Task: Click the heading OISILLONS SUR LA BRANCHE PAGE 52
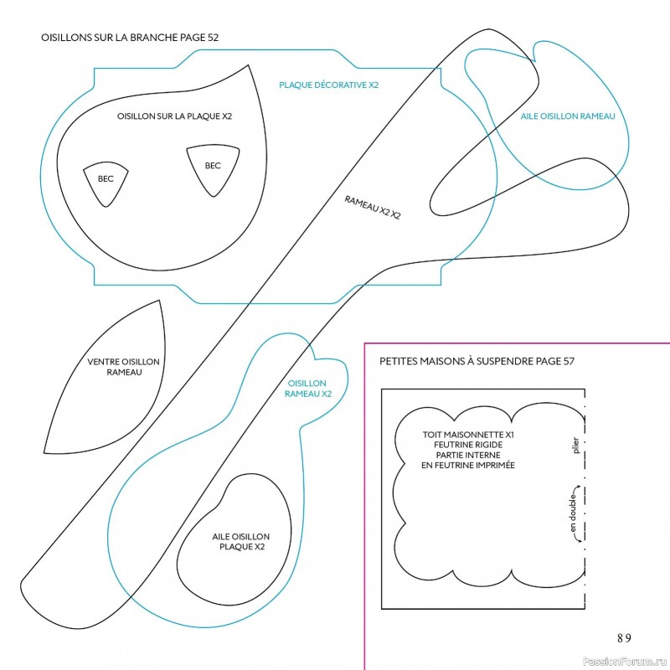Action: click(130, 37)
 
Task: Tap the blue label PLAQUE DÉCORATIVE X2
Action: click(328, 85)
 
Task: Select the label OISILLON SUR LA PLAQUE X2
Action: click(174, 116)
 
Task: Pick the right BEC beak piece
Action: click(213, 170)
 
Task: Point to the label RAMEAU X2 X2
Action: click(372, 207)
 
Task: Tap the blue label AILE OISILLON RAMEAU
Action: click(568, 116)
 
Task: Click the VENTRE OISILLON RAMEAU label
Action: click(123, 367)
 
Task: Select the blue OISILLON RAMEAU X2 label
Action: click(307, 389)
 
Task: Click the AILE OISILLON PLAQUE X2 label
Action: click(241, 541)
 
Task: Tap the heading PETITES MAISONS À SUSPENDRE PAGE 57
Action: click(477, 362)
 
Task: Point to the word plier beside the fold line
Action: click(575, 446)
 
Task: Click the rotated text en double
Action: click(573, 513)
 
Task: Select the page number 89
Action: click(624, 638)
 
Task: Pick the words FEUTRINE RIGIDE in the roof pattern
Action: click(468, 445)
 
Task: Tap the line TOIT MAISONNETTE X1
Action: click(468, 435)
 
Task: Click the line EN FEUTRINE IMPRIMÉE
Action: click(468, 466)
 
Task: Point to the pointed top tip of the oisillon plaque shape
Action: click(248, 65)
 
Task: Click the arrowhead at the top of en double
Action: click(578, 487)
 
